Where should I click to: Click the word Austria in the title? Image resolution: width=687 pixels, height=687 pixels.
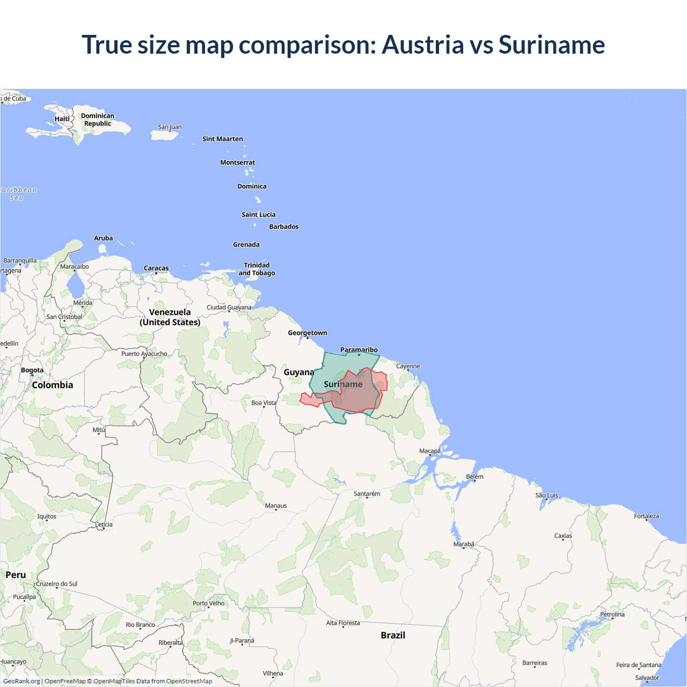422,45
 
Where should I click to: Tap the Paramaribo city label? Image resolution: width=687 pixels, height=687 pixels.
359,350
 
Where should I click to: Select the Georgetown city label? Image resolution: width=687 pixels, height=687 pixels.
307,333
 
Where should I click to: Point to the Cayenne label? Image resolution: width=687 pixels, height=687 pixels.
408,367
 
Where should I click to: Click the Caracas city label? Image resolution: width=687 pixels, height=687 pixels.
156,268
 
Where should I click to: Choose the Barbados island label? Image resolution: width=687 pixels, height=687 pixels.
283,226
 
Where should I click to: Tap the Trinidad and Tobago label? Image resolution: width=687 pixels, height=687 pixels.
257,269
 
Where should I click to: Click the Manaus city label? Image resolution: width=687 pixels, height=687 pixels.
276,506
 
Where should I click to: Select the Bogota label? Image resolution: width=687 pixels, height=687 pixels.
32,370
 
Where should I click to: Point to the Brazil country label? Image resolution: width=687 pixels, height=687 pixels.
393,635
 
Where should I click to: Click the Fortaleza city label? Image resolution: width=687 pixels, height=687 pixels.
646,516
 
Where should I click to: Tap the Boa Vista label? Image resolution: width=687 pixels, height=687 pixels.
264,403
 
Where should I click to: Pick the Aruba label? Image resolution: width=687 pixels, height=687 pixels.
104,238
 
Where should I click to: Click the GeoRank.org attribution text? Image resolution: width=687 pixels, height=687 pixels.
21,681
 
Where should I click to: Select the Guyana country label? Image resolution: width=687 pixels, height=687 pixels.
299,372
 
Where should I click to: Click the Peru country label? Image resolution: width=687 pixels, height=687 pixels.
16,575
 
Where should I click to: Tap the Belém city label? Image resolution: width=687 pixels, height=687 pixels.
474,477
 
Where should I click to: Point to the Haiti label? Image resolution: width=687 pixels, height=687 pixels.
62,119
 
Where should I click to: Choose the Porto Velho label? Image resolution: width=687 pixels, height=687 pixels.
208,603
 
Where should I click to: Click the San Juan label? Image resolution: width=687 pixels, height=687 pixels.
170,127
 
